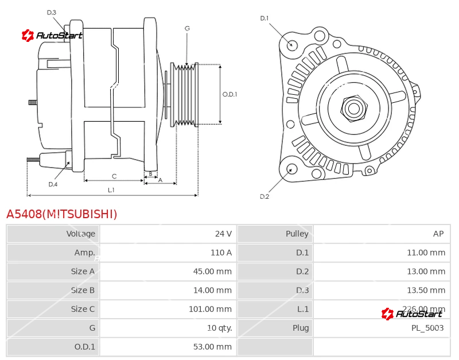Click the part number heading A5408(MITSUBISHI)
tap(62, 214)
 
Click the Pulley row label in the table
tap(297, 234)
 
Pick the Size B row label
tap(83, 290)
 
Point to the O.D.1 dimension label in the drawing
tap(229, 95)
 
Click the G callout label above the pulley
tap(187, 28)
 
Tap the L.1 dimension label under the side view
tap(111, 189)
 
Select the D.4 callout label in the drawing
tap(53, 184)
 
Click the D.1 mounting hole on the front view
tap(292, 45)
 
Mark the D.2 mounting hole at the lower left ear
tap(291, 169)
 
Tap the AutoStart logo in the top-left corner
tap(52, 36)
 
